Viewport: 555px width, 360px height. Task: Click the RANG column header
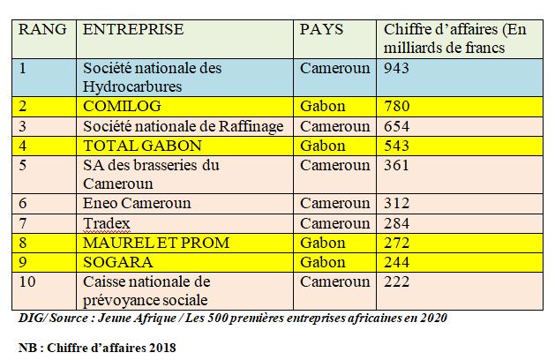coord(41,29)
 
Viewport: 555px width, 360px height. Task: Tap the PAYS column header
coord(322,29)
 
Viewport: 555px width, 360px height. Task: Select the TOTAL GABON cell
coord(142,145)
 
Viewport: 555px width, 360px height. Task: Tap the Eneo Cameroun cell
coord(136,203)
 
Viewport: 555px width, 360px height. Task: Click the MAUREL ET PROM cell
coord(156,242)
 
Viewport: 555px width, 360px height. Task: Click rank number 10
coord(29,281)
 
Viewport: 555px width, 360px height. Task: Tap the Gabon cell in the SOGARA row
coord(322,261)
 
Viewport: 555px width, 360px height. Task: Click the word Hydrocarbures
coord(133,86)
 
